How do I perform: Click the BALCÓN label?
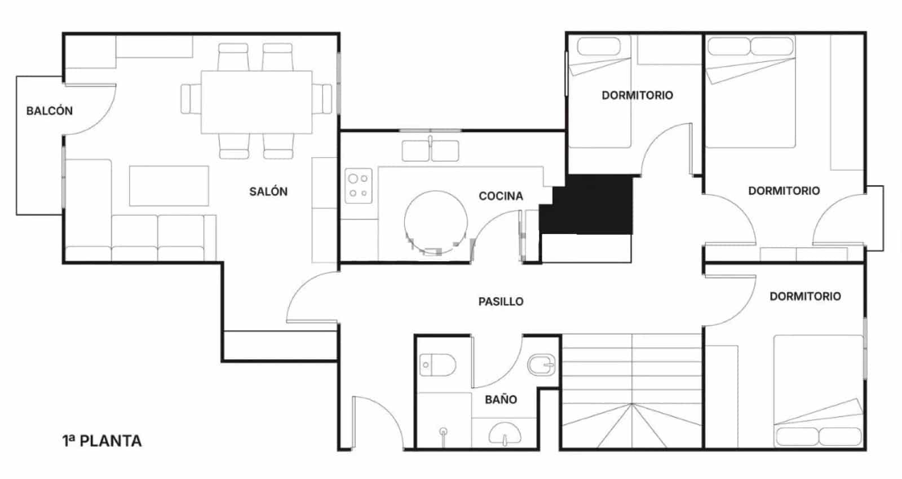click(50, 111)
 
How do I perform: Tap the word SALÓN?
click(268, 192)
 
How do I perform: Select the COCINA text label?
click(501, 196)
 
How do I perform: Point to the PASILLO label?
click(501, 302)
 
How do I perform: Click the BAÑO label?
click(501, 399)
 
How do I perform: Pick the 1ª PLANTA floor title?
click(102, 441)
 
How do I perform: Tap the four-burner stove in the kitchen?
click(358, 186)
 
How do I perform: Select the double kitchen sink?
click(430, 151)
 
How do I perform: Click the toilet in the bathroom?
click(437, 365)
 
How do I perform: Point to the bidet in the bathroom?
click(541, 366)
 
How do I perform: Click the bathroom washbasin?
click(505, 434)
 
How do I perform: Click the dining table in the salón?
click(257, 102)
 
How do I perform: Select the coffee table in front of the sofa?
click(169, 186)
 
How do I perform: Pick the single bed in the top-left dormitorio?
click(599, 93)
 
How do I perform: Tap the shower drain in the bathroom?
click(444, 432)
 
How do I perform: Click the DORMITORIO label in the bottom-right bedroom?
click(805, 296)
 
